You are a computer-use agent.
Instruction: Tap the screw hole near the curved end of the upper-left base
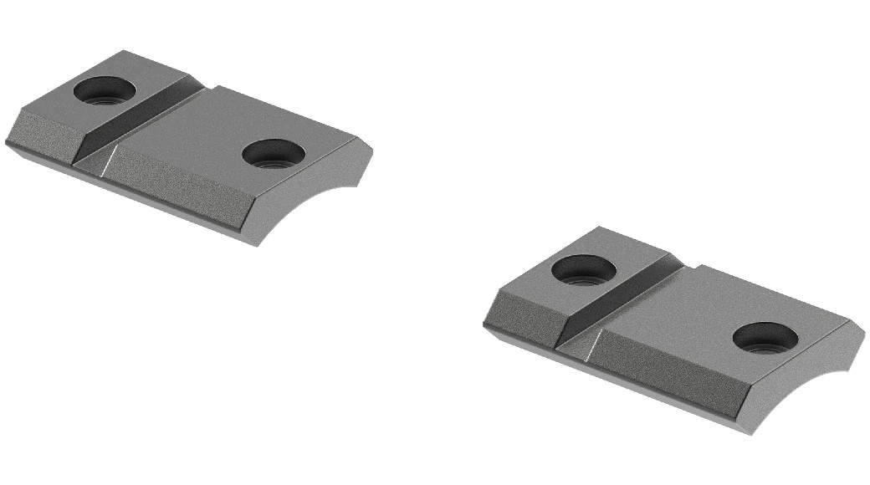(273, 154)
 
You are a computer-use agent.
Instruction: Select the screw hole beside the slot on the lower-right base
(585, 268)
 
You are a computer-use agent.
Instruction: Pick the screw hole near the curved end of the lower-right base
(764, 336)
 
